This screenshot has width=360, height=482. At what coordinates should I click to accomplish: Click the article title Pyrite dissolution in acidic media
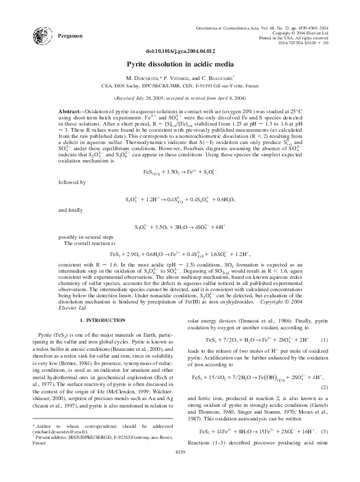180,63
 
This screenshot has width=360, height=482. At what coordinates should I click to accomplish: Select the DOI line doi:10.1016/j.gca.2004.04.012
180,51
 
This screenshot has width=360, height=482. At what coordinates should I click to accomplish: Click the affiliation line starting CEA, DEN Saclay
180,87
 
